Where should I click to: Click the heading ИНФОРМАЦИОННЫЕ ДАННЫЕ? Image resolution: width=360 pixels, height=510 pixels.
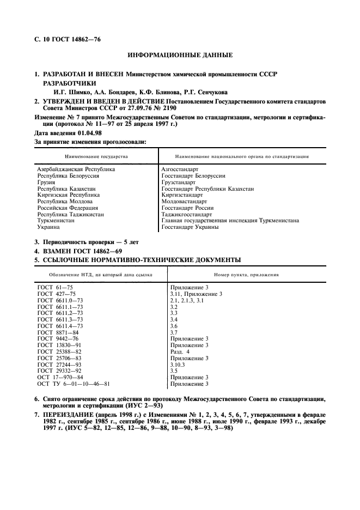coord(180,55)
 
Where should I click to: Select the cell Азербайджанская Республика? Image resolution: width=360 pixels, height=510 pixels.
coord(76,169)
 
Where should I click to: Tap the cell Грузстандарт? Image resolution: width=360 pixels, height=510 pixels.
coord(179,183)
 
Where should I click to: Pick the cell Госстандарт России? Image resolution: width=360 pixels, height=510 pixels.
coord(188,208)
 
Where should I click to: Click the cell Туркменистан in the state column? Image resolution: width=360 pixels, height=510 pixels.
coord(56,221)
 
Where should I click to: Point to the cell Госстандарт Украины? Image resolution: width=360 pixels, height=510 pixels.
coord(190,227)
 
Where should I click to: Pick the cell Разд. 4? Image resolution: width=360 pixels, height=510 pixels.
coord(181,351)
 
